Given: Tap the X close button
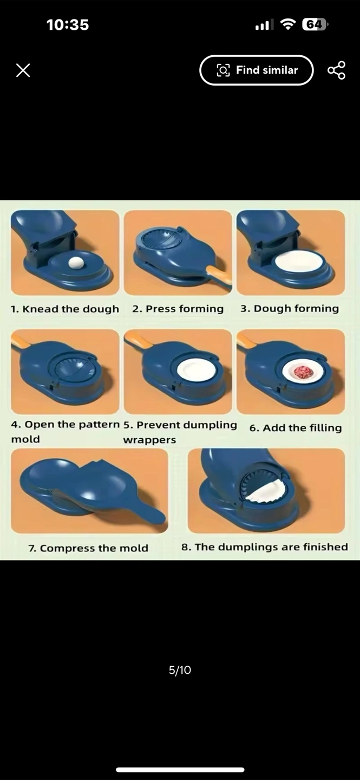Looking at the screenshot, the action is [23, 70].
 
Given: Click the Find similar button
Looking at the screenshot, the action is [257, 70].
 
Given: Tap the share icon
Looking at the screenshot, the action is [336, 70].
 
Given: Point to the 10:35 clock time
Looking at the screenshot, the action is [68, 25].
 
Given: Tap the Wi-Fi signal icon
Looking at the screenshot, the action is [287, 24].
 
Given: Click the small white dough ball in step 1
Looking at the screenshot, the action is [76, 263].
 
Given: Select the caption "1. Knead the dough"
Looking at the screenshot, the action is [65, 309].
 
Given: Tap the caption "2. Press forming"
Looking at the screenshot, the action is [178, 309].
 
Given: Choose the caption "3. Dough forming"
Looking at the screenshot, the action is [290, 309].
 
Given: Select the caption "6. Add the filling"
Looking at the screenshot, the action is [296, 427].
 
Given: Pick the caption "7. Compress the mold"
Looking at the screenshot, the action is [88, 548].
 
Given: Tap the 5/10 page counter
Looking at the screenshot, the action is [180, 670].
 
